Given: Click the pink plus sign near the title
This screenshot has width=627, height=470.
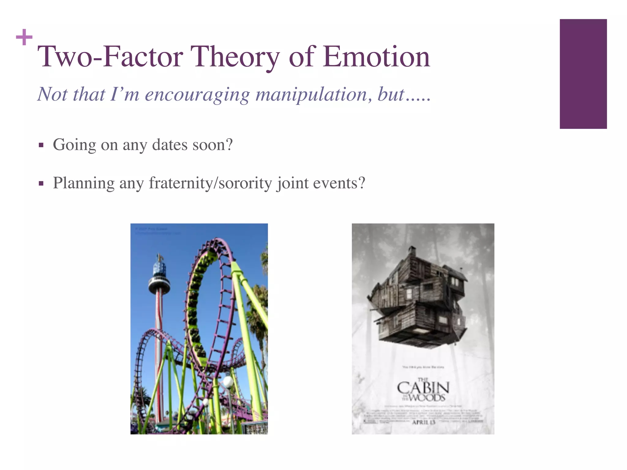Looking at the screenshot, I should [24, 37].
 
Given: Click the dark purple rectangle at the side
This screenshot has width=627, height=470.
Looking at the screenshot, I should [583, 74].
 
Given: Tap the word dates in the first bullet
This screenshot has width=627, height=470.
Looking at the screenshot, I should [170, 144].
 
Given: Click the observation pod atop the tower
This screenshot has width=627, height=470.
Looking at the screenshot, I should [159, 280].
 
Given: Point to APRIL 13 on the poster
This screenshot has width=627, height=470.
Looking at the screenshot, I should [423, 422].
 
